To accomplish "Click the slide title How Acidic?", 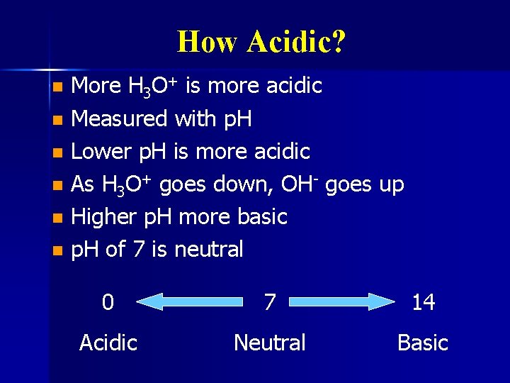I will click(x=261, y=42).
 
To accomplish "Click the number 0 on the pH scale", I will click(x=107, y=303).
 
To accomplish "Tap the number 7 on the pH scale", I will click(x=269, y=303).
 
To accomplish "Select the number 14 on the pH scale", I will click(x=423, y=303).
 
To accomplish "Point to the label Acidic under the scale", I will click(x=108, y=343).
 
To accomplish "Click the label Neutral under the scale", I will click(x=269, y=343).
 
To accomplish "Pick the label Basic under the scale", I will click(x=422, y=343).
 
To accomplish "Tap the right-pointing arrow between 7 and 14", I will click(x=348, y=303).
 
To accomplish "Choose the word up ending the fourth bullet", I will click(x=391, y=186).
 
